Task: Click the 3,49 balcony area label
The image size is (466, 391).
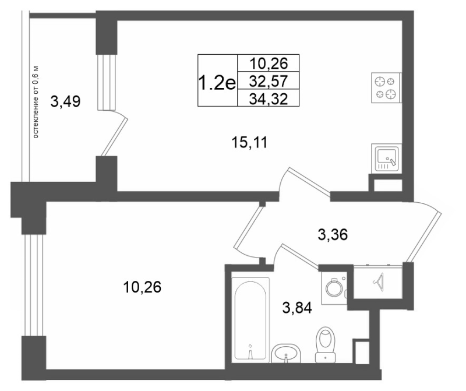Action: click(x=65, y=102)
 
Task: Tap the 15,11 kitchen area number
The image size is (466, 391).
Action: click(x=249, y=143)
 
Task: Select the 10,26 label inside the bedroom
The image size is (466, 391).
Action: click(x=142, y=287)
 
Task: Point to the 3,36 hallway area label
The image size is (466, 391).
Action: click(x=333, y=235)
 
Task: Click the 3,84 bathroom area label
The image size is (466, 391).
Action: click(x=297, y=308)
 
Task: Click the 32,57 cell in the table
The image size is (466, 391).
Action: click(x=269, y=80)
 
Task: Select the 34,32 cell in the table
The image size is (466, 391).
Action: click(x=269, y=98)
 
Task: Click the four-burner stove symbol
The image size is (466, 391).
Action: click(x=386, y=88)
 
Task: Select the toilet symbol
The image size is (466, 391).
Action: click(x=326, y=344)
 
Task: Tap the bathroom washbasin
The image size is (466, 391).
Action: click(x=286, y=354)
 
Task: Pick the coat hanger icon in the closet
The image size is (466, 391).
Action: click(x=378, y=281)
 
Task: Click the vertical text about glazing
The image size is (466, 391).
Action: click(x=36, y=103)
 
